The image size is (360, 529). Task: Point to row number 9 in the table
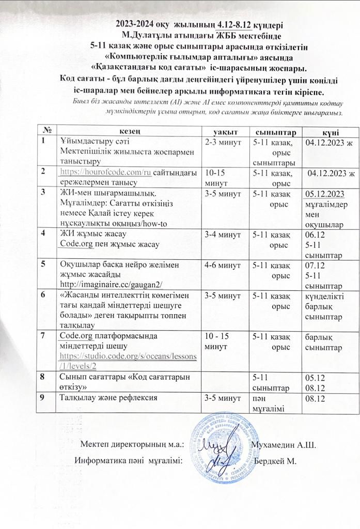pyautogui.click(x=45, y=398)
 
